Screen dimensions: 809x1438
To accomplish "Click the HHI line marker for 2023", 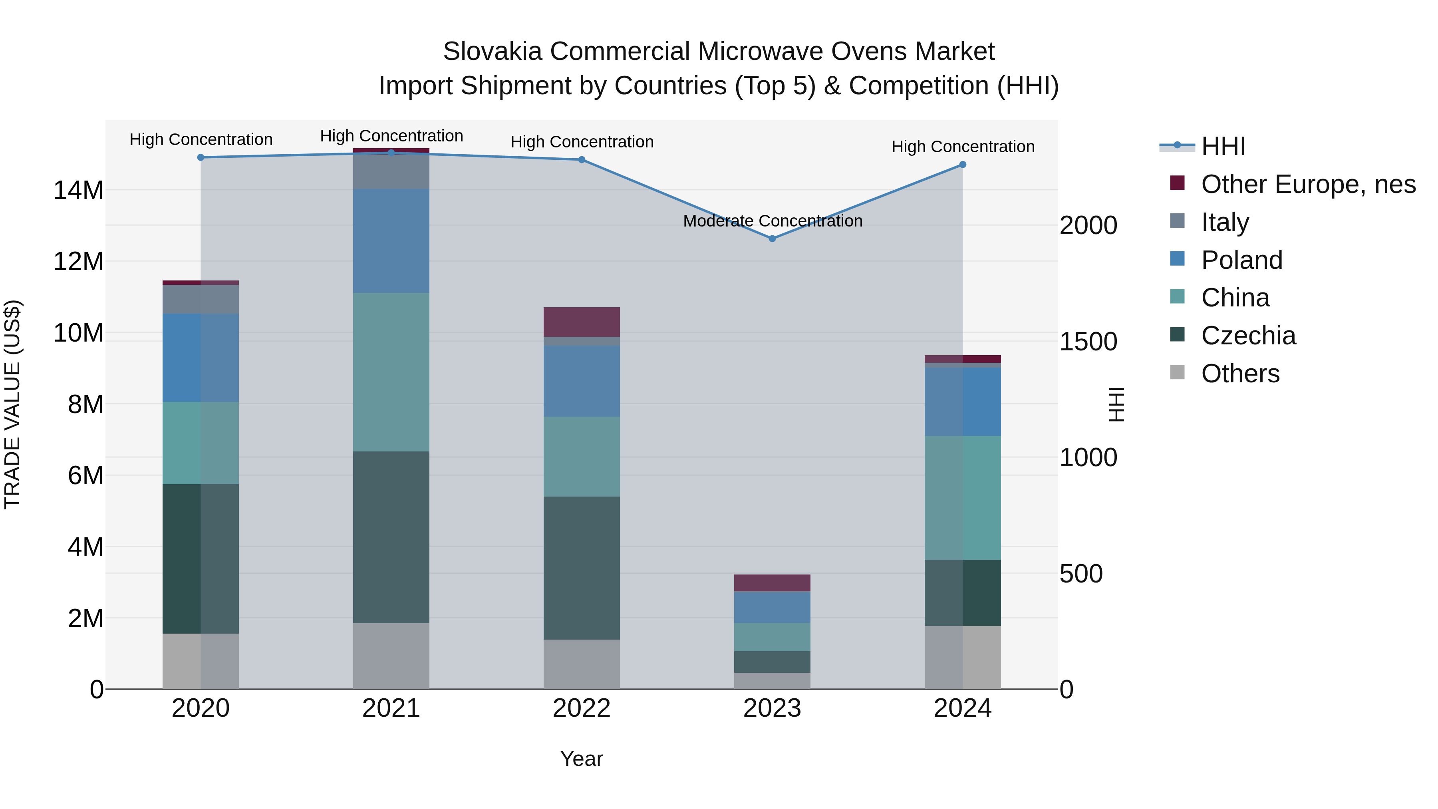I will [x=772, y=239].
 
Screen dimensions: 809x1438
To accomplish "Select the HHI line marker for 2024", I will [x=962, y=165].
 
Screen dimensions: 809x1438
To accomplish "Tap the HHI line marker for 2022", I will [x=581, y=160].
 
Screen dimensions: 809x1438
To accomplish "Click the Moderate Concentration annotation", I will [x=772, y=221].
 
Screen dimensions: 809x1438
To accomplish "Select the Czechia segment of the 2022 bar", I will [x=581, y=568].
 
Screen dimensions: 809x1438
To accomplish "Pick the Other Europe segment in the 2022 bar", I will [x=581, y=322].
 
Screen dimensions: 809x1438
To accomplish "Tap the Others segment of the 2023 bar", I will [x=772, y=681].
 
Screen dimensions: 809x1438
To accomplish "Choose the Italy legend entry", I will [x=1225, y=222].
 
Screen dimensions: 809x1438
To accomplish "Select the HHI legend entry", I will [x=1223, y=146].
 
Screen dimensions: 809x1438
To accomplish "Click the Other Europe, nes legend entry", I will [x=1307, y=184].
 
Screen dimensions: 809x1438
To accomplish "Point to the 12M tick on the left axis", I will [x=78, y=261].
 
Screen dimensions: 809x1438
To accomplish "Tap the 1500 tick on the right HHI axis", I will [x=1087, y=342].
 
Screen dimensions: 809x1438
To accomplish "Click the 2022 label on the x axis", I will [x=581, y=708].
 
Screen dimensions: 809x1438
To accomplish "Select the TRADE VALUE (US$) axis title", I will [x=13, y=404].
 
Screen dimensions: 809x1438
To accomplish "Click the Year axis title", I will [x=581, y=759].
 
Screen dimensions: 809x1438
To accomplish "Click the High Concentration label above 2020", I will [x=201, y=139].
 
